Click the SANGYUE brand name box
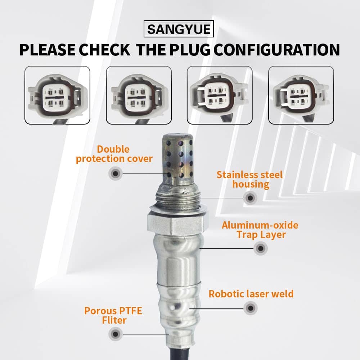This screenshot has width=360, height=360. tap(179, 29)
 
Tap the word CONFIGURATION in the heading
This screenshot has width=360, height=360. tap(277, 50)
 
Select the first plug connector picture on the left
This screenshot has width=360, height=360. tap(57, 95)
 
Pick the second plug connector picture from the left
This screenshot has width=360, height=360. tap(139, 95)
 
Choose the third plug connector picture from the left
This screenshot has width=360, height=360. tap(220, 95)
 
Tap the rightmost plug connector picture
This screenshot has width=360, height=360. tap(301, 95)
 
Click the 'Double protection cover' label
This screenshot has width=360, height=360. tap(114, 154)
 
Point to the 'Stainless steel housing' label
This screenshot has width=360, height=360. tap(250, 180)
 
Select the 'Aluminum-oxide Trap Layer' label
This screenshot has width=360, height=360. tap(260, 230)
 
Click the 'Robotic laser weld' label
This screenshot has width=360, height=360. tap(251, 294)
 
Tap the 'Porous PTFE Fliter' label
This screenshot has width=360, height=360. tap(113, 315)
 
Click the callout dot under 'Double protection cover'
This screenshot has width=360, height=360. tap(116, 174)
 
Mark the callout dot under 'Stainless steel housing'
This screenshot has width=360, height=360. tap(250, 198)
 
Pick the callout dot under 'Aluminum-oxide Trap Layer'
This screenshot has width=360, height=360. tap(261, 248)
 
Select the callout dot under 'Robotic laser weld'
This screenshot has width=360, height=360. tap(251, 308)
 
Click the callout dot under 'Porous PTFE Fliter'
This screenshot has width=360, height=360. tap(116, 334)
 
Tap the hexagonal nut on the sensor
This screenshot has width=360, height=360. tap(178, 222)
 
